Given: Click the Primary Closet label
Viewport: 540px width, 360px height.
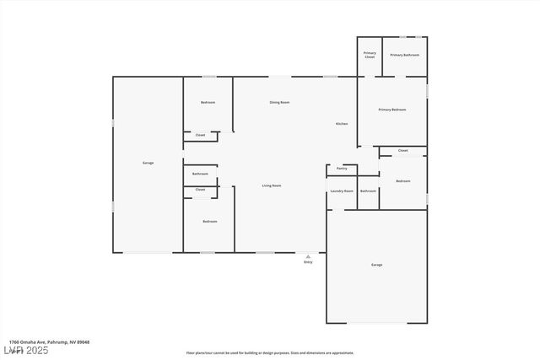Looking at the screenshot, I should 370,55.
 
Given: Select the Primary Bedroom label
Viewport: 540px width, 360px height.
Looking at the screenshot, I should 392,110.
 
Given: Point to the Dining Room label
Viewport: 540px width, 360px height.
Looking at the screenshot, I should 279,102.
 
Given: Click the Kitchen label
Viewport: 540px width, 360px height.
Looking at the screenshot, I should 342,124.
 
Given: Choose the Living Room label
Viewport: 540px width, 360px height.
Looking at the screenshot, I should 271,185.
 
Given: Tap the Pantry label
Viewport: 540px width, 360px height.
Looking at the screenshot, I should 342,169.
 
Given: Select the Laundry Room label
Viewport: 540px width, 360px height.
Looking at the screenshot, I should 342,191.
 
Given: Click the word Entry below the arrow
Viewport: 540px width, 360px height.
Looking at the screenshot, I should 308,262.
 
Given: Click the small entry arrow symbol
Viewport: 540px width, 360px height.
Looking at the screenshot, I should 308,255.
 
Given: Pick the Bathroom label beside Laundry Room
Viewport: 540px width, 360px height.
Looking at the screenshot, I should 368,191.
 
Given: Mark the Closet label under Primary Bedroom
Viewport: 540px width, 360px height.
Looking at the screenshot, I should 402,151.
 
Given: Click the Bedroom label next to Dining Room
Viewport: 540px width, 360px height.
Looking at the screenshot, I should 208,102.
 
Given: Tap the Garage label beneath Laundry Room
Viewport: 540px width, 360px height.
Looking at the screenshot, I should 376,265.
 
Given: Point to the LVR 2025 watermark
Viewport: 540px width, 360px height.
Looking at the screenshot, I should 25,350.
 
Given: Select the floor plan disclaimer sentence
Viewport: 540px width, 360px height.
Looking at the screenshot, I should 270,353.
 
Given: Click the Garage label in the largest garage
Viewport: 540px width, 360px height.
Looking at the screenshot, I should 148,163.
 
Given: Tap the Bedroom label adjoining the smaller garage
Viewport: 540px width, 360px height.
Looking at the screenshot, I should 403,180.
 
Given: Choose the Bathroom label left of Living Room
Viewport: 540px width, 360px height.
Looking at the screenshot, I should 200,174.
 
